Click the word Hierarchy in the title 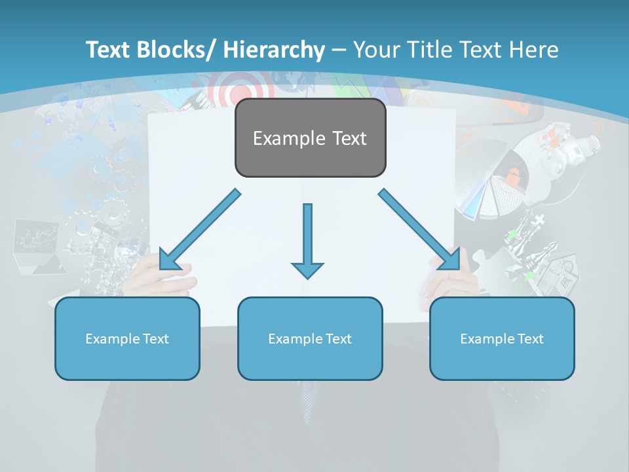pos(274,50)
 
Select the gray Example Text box pos(310,138)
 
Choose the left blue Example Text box pos(127,338)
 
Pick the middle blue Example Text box pos(310,338)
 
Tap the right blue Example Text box pos(502,338)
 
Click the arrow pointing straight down pos(307,240)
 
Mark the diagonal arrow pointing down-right pos(420,230)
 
